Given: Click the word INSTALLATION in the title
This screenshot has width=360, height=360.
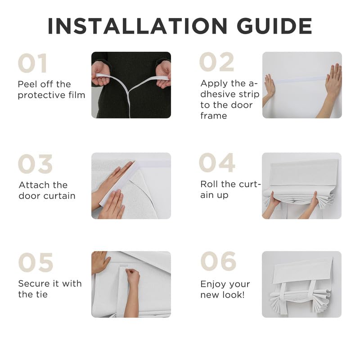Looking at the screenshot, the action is point(137,26).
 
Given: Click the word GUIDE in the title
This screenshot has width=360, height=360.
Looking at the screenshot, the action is point(274,26).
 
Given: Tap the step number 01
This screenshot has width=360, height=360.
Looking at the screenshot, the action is point(32,63).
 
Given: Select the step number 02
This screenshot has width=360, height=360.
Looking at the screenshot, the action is point(216,62).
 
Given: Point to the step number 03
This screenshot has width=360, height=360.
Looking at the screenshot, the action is point(35,164).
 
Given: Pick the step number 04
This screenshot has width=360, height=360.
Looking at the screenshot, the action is point(217,162).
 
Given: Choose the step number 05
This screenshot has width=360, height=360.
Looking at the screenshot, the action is point(36,262).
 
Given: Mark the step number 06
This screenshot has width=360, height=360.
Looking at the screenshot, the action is point(218,261).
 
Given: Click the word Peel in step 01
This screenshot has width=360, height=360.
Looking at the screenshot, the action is point(27,84).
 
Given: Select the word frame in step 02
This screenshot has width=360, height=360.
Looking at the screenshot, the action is point(213,116).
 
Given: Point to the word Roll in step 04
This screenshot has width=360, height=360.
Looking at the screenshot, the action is point(209,184).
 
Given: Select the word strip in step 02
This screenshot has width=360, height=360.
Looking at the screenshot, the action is point(249,94).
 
